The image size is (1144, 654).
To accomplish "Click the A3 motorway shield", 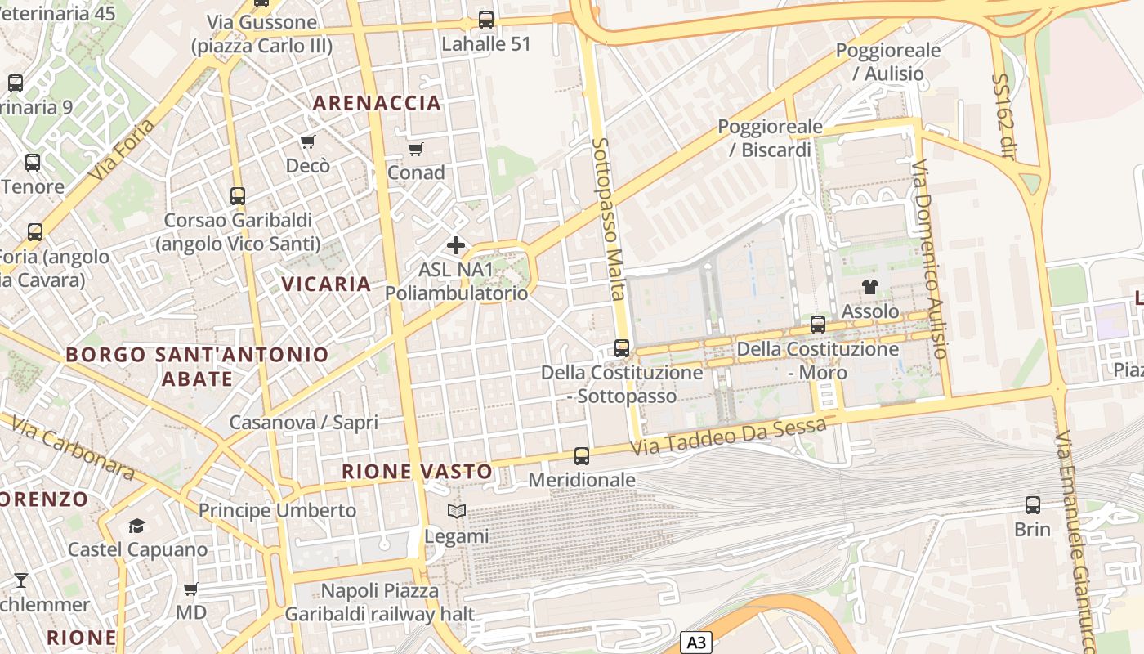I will click(695, 643).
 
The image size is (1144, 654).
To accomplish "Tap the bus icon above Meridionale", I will click(582, 456).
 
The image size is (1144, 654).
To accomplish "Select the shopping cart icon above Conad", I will click(415, 150).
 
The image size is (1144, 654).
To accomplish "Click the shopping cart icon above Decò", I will click(308, 142).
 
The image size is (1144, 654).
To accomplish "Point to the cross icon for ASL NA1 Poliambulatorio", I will click(456, 245).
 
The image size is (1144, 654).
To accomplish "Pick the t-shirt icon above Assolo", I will click(870, 287).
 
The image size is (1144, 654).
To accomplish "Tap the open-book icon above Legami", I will click(456, 512).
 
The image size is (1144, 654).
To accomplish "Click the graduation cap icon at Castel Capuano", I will click(136, 526).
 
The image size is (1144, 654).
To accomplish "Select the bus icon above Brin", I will click(1033, 505).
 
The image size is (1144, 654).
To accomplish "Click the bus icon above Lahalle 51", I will click(486, 20).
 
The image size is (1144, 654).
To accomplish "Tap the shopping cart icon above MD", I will click(191, 589).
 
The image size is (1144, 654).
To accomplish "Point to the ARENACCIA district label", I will click(377, 103).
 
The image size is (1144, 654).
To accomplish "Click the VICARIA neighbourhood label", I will click(327, 284).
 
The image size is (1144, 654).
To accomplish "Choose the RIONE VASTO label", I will click(417, 472).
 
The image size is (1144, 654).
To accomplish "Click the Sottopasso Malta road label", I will click(609, 218).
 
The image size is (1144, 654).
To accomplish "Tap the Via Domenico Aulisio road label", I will click(929, 259).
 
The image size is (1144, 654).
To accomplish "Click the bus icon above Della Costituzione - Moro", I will click(818, 324).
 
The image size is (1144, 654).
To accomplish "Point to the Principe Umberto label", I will click(278, 511).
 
